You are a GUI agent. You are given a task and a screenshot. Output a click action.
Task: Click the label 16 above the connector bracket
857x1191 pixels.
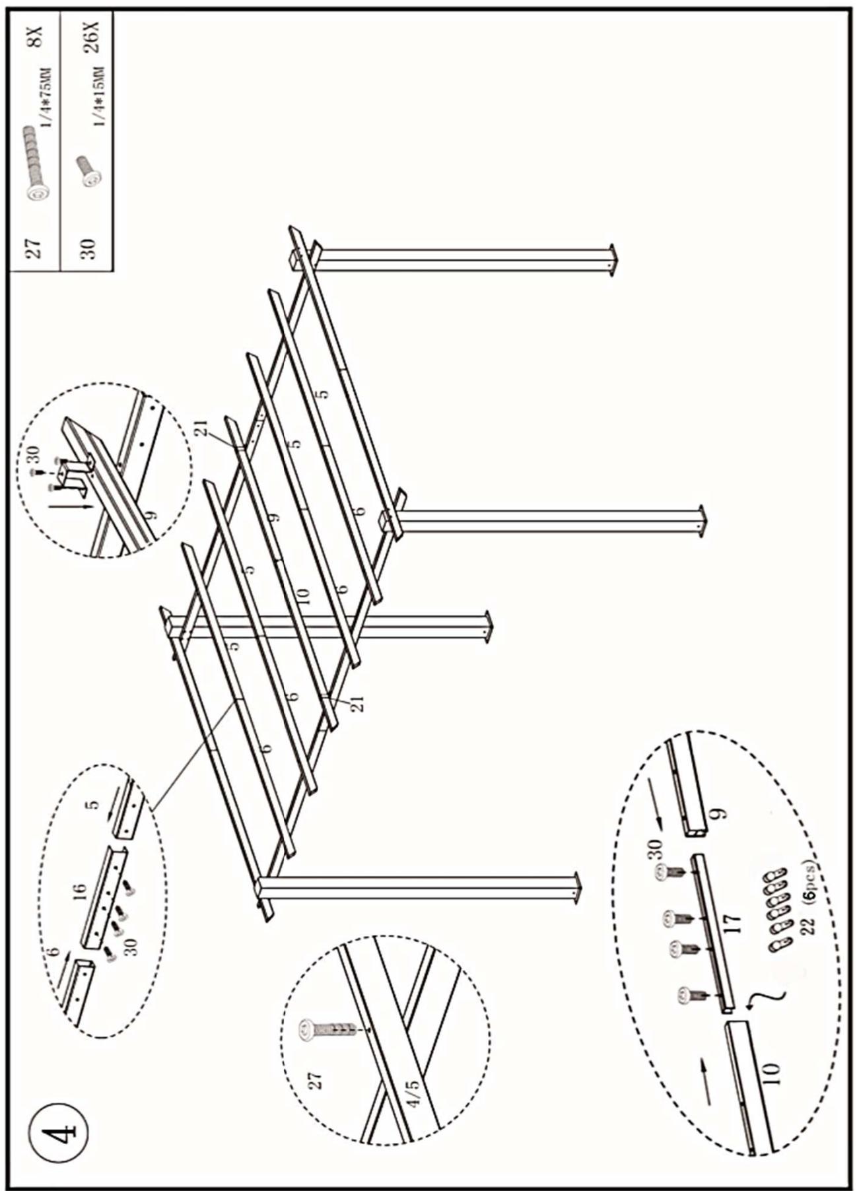pyautogui.click(x=81, y=891)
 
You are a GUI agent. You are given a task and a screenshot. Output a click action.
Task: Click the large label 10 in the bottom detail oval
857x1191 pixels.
pyautogui.click(x=771, y=1072)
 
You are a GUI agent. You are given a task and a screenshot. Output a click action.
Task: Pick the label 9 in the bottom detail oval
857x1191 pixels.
pyautogui.click(x=720, y=813)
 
